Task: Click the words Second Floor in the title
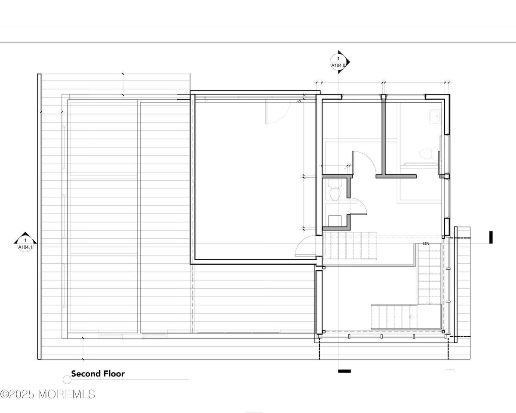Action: coord(98,374)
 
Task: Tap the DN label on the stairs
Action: coord(426,243)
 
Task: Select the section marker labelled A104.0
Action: coord(338,62)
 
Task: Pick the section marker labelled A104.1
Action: coord(25,242)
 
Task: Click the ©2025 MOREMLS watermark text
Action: coord(47,394)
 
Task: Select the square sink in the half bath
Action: coord(335,221)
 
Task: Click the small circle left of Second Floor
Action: coord(67,379)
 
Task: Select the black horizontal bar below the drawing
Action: coord(344,371)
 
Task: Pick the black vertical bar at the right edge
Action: coord(491,237)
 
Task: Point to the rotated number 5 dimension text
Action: coord(299,101)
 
